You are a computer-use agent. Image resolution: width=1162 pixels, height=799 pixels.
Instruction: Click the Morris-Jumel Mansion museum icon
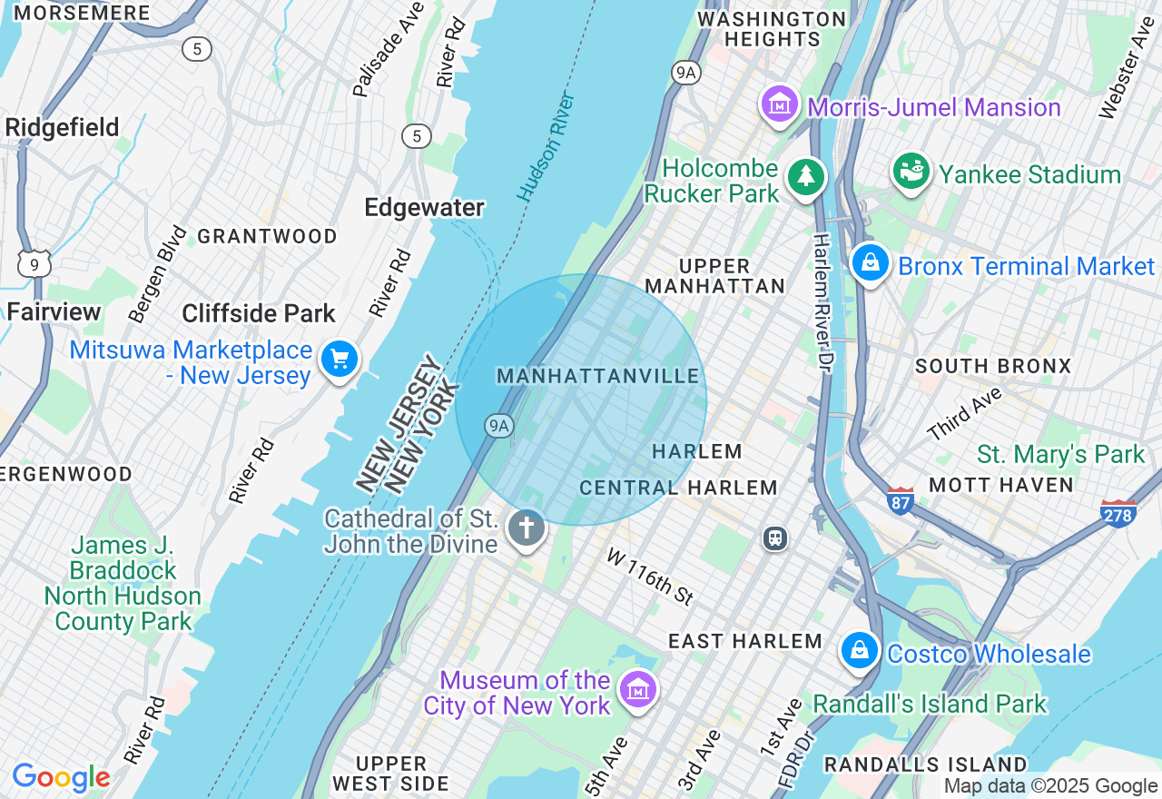[779, 105]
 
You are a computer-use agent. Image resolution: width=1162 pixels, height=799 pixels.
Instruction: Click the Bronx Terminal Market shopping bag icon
[870, 263]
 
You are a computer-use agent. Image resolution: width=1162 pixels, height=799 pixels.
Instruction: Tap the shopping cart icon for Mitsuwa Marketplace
[340, 360]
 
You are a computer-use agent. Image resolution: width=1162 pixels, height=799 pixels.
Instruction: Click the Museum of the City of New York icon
[638, 690]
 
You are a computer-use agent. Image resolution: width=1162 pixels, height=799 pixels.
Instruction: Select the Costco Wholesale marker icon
[858, 651]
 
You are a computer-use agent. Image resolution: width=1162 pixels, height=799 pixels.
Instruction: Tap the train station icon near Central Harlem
[774, 538]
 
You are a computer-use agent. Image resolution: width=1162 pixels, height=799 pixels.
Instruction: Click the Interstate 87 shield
[900, 500]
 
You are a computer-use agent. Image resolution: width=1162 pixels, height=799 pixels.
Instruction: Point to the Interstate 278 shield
[1118, 513]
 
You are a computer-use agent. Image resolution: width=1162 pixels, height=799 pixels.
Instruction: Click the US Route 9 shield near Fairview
[34, 264]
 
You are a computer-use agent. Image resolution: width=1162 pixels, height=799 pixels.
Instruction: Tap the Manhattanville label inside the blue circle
[598, 376]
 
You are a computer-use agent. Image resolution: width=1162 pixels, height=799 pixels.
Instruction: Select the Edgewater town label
[424, 208]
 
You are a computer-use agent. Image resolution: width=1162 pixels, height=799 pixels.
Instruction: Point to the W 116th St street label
[651, 576]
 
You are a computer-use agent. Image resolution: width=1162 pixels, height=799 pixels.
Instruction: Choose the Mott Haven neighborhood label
[1001, 485]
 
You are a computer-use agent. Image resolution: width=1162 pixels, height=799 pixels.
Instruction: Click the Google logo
[61, 777]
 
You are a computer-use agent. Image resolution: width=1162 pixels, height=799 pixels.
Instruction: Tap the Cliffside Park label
[259, 314]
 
